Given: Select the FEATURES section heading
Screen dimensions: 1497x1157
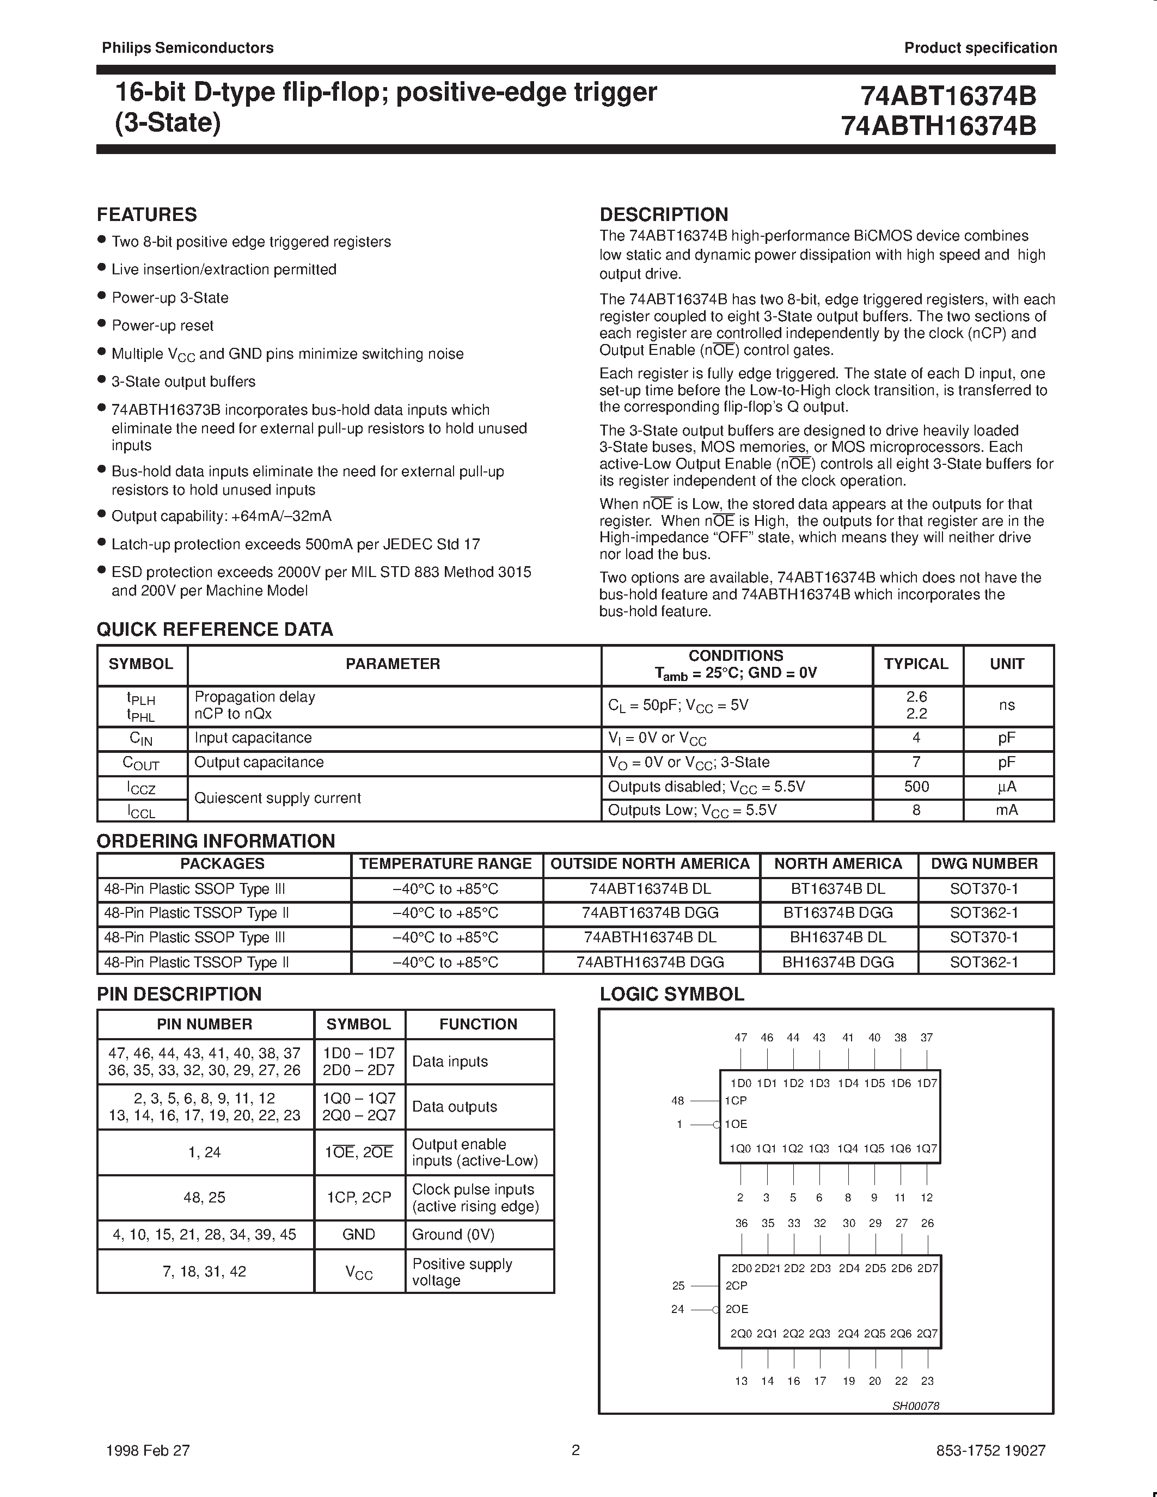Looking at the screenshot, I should (146, 214).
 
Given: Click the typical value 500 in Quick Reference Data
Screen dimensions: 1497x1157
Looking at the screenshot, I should (916, 787).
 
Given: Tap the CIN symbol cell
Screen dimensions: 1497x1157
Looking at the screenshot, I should (141, 738).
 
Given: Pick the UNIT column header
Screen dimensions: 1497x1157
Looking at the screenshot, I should (1007, 664).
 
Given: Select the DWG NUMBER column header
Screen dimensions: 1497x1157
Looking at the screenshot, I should (984, 864).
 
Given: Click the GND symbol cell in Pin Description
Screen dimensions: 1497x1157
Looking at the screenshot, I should (358, 1235).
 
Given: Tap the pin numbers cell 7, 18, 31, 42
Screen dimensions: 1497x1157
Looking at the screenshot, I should (204, 1272).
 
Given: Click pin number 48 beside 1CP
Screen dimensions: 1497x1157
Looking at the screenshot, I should (677, 1101).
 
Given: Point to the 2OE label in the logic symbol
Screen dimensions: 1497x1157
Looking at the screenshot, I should (737, 1309).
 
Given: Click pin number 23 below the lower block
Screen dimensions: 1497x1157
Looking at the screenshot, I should (927, 1381).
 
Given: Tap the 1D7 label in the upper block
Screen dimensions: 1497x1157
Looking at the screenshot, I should (927, 1084).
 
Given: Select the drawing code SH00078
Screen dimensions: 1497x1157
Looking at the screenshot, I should (915, 1406).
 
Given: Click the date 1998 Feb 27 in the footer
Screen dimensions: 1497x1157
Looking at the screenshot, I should (148, 1450).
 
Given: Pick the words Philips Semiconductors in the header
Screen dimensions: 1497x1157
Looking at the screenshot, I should (187, 47).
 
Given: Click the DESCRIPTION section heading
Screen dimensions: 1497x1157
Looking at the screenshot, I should (664, 214).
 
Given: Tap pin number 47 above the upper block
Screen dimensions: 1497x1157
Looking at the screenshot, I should (740, 1038).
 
